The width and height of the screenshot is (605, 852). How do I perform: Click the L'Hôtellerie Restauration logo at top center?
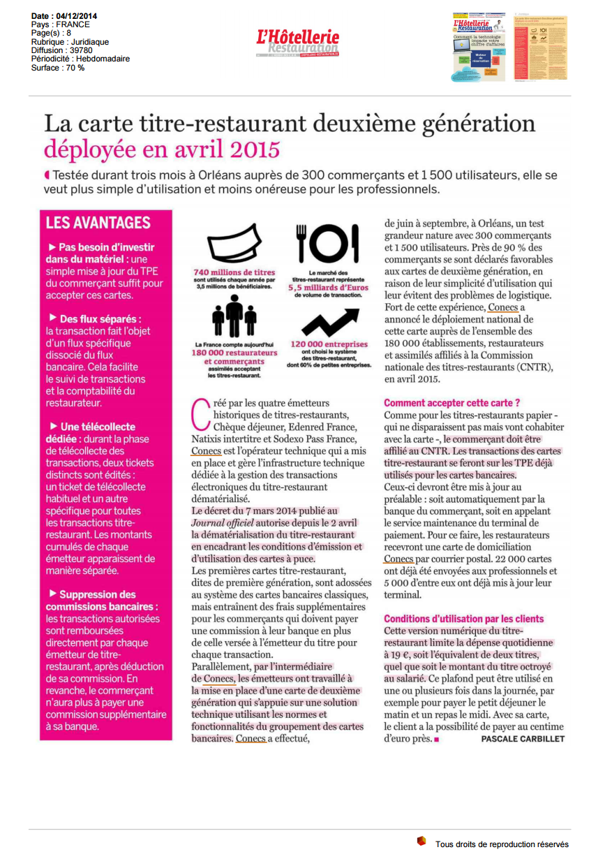[298, 43]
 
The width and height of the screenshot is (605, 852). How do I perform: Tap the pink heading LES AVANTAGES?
[98, 223]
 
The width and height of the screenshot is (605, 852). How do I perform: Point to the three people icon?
[234, 317]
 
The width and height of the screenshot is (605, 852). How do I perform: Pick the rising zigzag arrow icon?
[327, 320]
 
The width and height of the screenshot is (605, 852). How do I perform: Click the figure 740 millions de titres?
[234, 272]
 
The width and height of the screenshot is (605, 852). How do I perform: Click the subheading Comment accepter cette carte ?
[451, 403]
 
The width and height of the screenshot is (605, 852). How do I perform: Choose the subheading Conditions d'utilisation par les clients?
[463, 619]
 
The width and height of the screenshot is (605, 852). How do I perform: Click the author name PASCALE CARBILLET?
[523, 739]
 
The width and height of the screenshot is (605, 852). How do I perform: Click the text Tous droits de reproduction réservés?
[502, 844]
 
